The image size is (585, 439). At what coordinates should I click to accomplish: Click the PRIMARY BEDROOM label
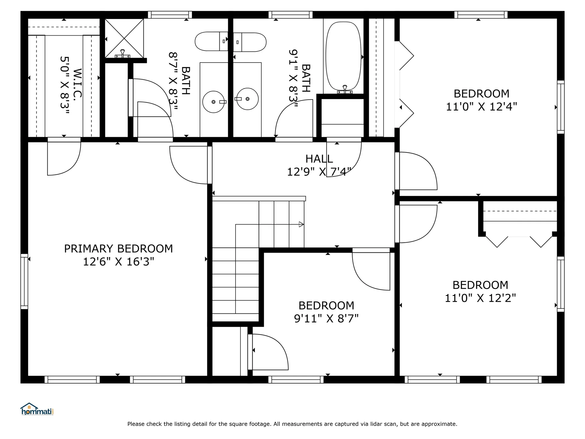click(118, 249)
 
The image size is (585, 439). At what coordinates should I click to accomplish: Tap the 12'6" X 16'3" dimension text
click(119, 262)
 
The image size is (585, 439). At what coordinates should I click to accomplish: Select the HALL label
click(319, 159)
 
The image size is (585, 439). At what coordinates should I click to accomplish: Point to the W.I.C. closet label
click(78, 83)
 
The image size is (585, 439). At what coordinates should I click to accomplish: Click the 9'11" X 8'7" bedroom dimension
click(326, 319)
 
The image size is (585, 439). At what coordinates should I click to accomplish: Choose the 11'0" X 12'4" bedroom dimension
click(481, 107)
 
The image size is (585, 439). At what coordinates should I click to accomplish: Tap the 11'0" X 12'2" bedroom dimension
click(480, 298)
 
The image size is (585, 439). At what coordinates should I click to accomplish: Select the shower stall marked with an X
click(124, 38)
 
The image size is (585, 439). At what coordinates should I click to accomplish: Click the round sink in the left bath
click(214, 102)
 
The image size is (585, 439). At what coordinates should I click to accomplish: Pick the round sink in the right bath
click(247, 99)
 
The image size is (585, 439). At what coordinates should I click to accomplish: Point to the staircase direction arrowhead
click(301, 225)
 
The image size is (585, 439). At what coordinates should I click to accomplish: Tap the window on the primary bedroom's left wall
click(24, 281)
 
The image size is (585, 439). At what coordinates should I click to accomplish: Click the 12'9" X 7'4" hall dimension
click(319, 172)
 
